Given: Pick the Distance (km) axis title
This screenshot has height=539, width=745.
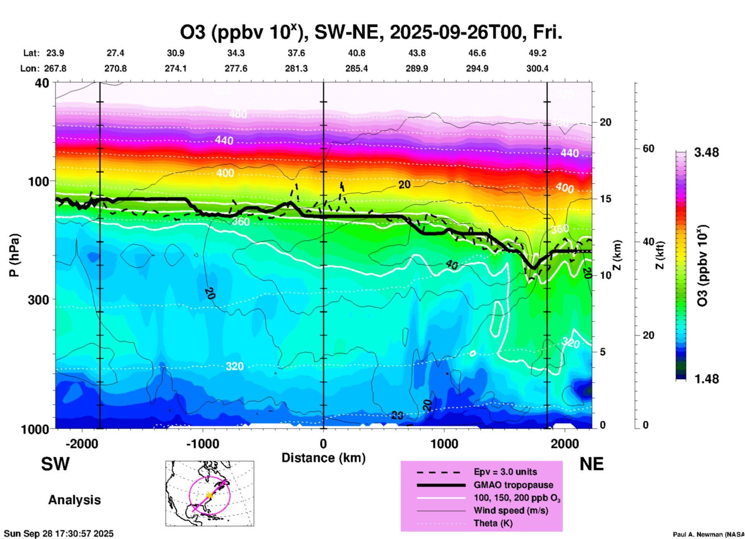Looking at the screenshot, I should click(x=323, y=458).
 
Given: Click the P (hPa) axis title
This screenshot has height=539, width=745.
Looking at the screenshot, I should click(x=14, y=255).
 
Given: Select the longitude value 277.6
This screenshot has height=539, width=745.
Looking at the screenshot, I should click(x=236, y=68).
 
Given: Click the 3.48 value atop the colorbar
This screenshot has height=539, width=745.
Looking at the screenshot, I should click(x=706, y=152).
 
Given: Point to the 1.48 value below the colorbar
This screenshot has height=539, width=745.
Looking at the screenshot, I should click(x=706, y=379).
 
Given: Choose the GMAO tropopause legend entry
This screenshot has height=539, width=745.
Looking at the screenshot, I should click(x=513, y=485).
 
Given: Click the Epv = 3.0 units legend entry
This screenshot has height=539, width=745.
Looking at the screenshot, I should click(x=505, y=472).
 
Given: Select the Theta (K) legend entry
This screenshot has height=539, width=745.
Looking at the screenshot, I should click(x=493, y=523).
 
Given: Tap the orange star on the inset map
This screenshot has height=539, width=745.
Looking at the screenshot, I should click(x=210, y=495).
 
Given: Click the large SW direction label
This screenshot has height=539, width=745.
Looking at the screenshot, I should click(x=55, y=464).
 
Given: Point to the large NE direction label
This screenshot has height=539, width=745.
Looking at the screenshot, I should click(x=591, y=464).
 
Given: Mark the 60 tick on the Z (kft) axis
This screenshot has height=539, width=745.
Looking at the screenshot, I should click(x=648, y=148).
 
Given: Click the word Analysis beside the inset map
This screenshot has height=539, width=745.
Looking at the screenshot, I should click(x=74, y=500).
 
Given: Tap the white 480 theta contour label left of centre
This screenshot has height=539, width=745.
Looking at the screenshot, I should click(x=238, y=114).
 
